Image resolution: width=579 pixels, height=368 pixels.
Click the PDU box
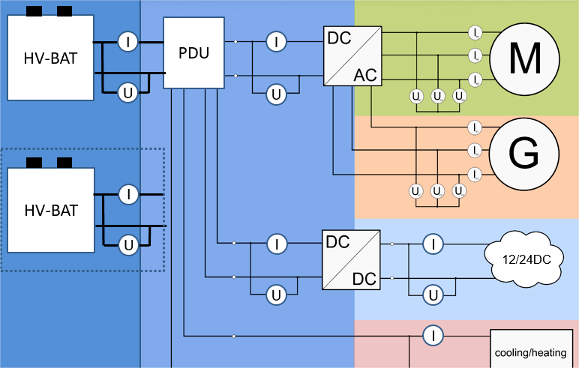(194, 54)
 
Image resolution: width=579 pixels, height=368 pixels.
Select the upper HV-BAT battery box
(50, 58)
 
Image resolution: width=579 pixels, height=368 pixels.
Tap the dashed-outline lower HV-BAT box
(50, 211)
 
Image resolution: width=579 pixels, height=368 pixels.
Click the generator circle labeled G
(524, 154)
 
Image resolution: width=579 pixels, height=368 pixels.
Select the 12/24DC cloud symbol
(523, 260)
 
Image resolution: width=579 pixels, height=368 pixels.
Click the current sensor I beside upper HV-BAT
(128, 42)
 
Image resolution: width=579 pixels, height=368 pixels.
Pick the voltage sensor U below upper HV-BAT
(128, 93)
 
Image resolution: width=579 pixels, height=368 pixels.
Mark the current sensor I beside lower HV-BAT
(128, 194)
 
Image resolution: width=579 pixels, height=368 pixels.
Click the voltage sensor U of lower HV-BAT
(128, 244)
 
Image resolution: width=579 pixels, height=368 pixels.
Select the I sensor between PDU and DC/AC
(277, 42)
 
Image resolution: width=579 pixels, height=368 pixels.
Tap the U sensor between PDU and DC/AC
(277, 94)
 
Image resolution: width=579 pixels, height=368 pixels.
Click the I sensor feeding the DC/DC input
(277, 244)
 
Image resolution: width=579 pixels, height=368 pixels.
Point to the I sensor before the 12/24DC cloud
(432, 244)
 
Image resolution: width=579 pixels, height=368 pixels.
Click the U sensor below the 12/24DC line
(432, 295)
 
